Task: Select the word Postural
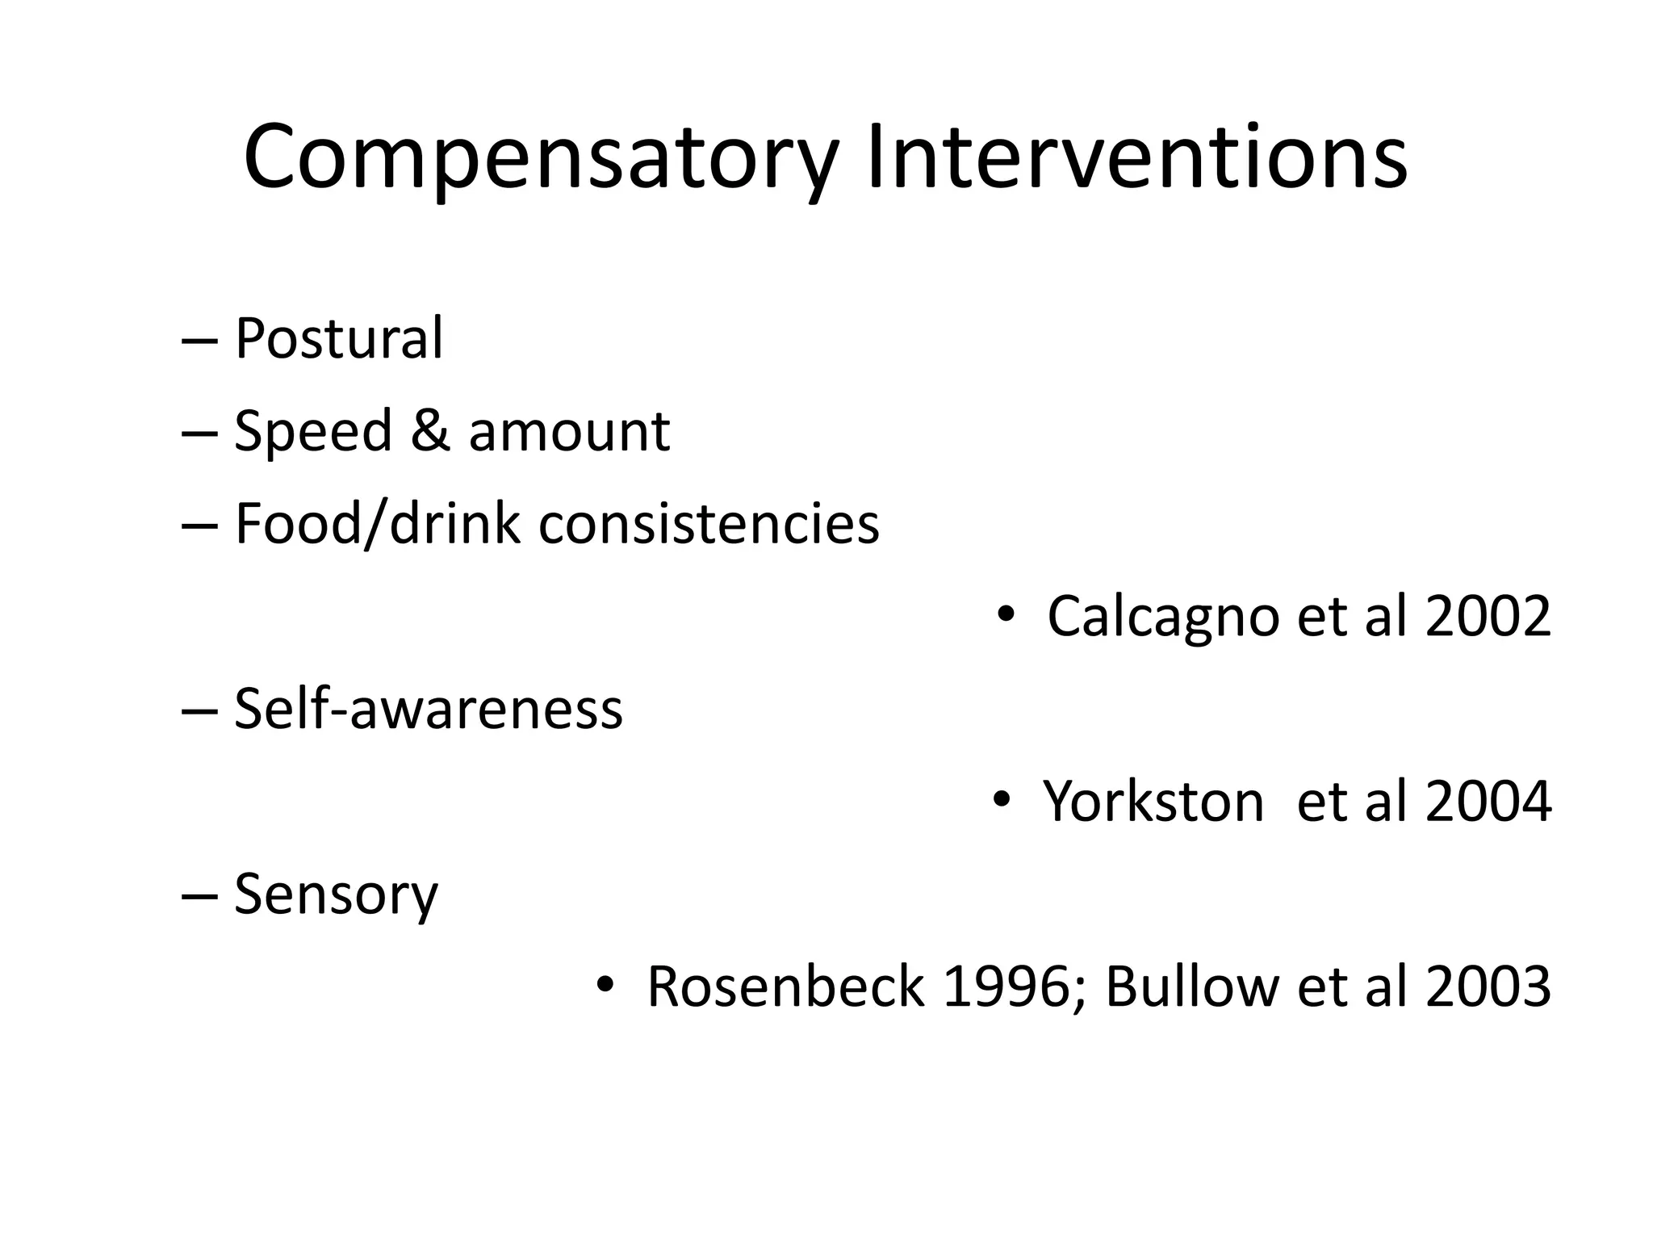coord(338,338)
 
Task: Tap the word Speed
coord(313,432)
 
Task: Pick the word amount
coord(569,432)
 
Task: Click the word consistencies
coord(709,524)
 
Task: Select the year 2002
coord(1488,617)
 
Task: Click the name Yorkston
coord(1153,802)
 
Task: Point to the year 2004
coord(1488,802)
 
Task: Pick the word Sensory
coord(336,895)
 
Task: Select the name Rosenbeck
coord(785,987)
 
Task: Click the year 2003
coord(1488,987)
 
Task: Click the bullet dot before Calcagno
coord(1005,616)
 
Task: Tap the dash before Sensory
coord(199,895)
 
